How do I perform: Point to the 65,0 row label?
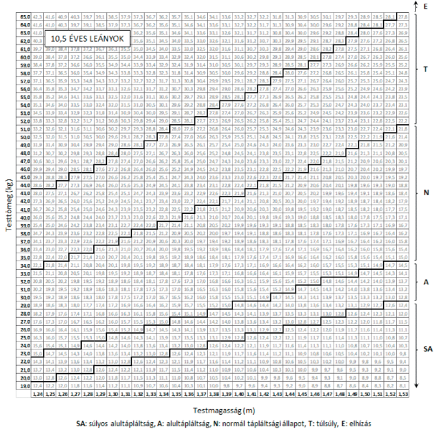point(24,15)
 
